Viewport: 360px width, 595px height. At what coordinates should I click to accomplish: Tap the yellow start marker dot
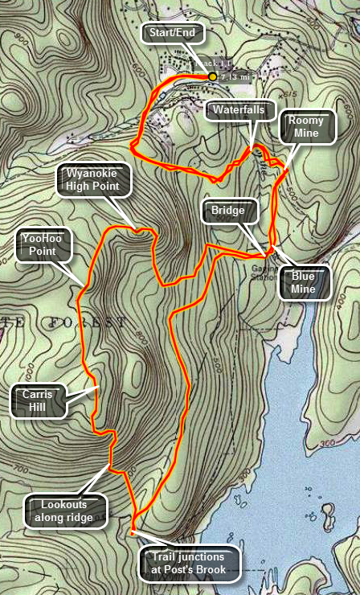click(x=213, y=76)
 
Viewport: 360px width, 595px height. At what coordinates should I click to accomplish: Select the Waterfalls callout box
click(x=240, y=110)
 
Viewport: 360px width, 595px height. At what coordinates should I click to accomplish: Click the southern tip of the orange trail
click(x=132, y=531)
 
